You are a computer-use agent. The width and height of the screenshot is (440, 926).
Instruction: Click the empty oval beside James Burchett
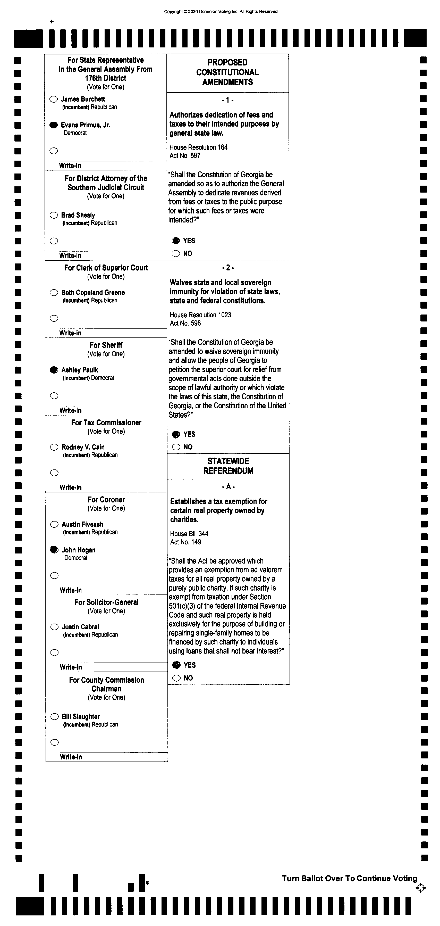tap(54, 99)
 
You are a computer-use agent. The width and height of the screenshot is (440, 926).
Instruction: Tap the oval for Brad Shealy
tap(54, 215)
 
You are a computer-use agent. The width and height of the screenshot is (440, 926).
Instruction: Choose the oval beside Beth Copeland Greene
tap(54, 293)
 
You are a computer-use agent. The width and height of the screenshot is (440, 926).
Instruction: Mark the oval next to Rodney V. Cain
tap(54, 447)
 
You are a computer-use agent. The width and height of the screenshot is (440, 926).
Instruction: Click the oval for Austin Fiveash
tap(54, 524)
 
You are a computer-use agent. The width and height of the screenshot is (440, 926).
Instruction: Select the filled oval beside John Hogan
tap(54, 550)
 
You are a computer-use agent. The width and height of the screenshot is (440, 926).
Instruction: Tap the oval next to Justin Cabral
tap(55, 627)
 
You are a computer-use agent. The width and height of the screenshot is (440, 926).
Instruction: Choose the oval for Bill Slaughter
tap(55, 717)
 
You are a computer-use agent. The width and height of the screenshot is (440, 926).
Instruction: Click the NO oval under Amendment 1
tap(176, 253)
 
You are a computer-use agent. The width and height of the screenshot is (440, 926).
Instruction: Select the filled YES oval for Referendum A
tap(176, 665)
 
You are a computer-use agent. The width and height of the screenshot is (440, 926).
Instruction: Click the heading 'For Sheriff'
tap(106, 345)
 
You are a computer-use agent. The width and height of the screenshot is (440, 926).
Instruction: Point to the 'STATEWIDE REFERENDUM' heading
tap(228, 466)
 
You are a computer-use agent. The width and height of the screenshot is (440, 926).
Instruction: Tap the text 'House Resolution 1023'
tap(200, 315)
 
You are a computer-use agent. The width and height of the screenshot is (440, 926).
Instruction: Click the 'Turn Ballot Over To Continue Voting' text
tap(350, 879)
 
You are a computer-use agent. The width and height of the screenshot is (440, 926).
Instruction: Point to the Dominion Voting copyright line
tap(221, 12)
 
